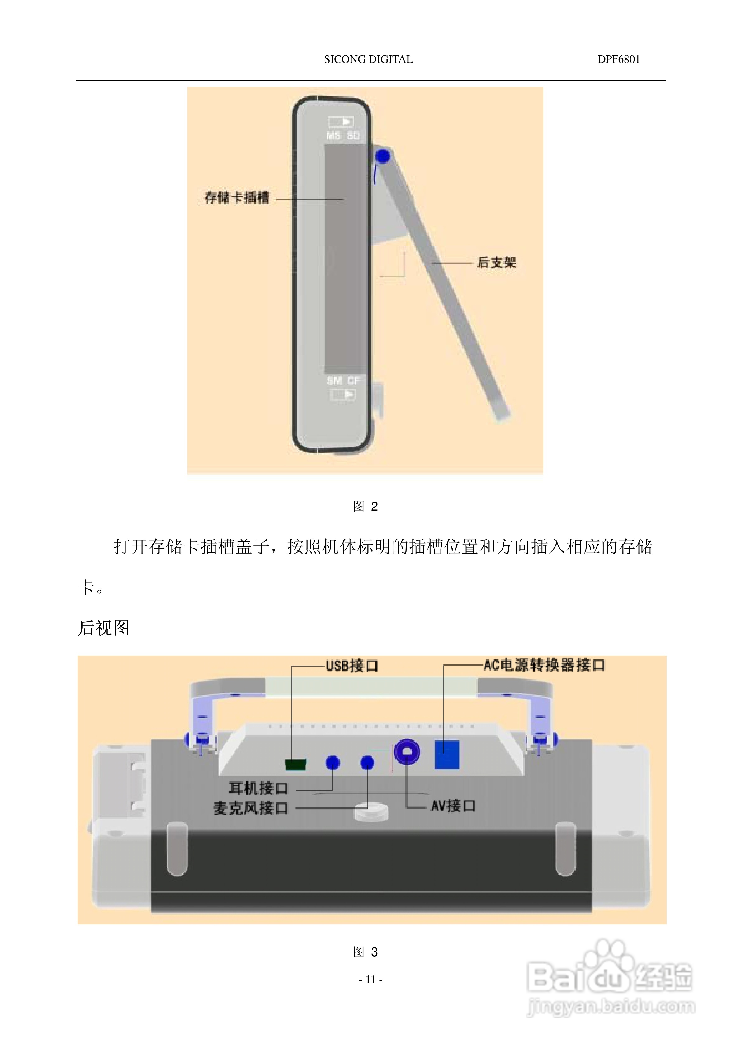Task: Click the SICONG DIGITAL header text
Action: pos(368,59)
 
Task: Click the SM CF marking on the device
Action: pos(343,381)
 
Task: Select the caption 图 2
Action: pos(366,506)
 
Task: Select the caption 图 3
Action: pos(366,952)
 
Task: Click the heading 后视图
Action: pos(104,628)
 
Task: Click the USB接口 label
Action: pos(352,666)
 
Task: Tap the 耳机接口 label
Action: pos(258,788)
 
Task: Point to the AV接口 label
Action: pos(453,806)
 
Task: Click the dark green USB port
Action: pos(295,764)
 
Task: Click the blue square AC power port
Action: pos(447,755)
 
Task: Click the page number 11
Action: pos(370,980)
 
